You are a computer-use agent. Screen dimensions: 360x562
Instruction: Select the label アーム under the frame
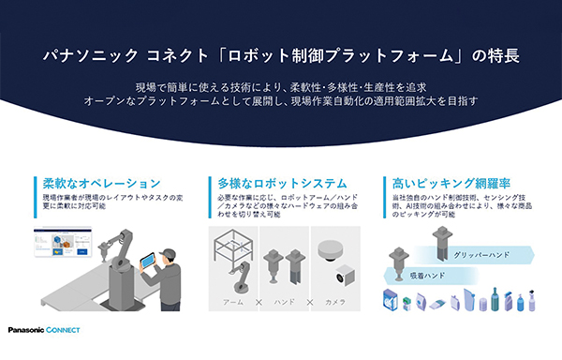click(x=234, y=303)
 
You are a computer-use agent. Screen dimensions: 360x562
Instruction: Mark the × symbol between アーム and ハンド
click(x=258, y=303)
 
